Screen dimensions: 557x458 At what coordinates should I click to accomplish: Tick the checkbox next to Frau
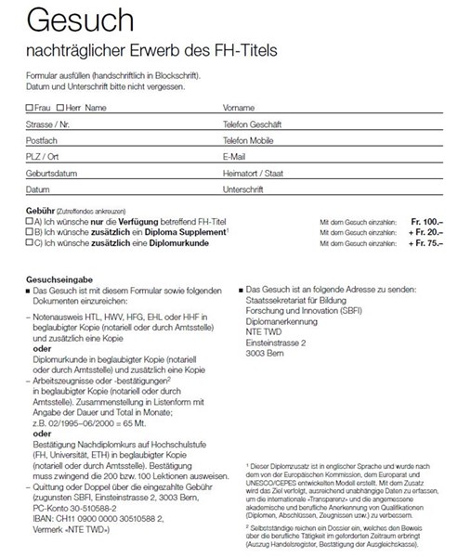[x=30, y=108]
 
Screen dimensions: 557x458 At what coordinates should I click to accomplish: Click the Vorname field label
[x=239, y=108]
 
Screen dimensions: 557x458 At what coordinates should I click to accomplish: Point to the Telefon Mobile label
[x=248, y=140]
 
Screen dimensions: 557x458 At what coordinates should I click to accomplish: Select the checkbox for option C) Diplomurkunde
[x=29, y=243]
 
